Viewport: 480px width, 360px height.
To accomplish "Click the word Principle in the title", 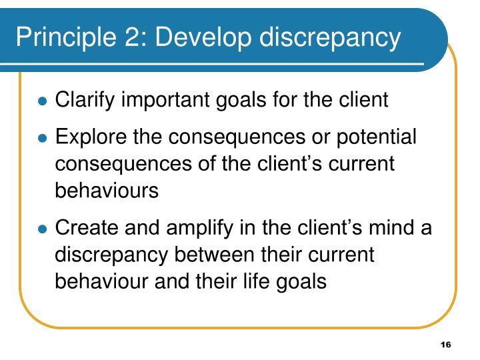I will [x=59, y=38].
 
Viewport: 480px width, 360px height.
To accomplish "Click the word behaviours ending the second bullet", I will [x=107, y=190].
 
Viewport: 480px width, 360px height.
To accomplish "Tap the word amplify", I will [x=193, y=229].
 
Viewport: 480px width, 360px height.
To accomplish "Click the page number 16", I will [x=445, y=344].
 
